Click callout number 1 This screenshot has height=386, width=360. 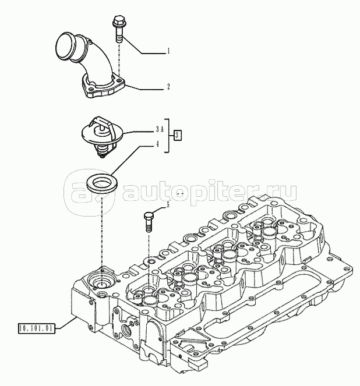pyautogui.click(x=168, y=51)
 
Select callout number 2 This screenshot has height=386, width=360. pyautogui.click(x=168, y=87)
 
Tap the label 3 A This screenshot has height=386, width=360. pyautogui.click(x=159, y=129)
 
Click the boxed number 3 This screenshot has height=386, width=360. pyautogui.click(x=178, y=135)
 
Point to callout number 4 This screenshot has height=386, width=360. pyautogui.click(x=157, y=144)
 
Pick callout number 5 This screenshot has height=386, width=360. pyautogui.click(x=168, y=204)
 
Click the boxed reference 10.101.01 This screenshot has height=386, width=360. pyautogui.click(x=37, y=328)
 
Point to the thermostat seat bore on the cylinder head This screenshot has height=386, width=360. pyautogui.click(x=102, y=279)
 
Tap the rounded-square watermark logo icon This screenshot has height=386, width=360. pyautogui.click(x=89, y=193)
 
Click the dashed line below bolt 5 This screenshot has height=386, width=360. pyautogui.click(x=149, y=260)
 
